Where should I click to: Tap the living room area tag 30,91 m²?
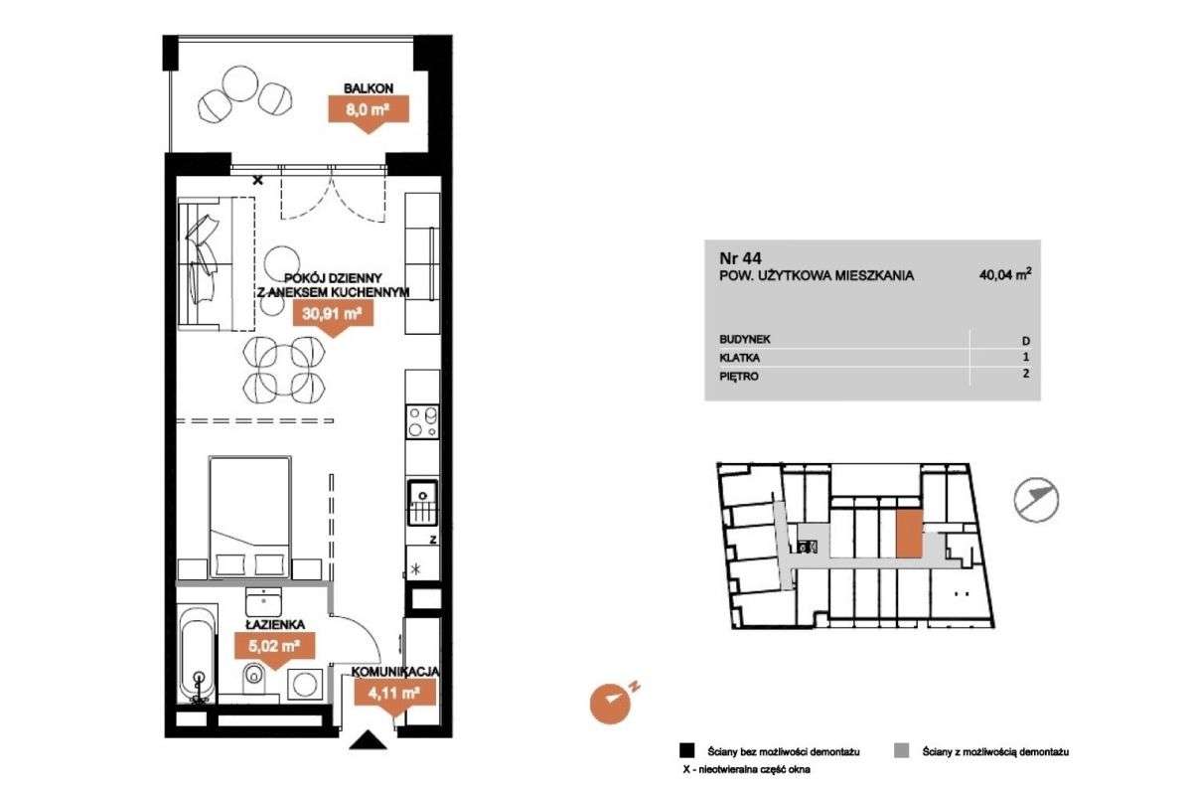tap(330, 316)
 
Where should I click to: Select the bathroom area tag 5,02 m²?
tap(267, 646)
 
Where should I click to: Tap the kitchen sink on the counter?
tap(422, 501)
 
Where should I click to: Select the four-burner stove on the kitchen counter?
tap(423, 423)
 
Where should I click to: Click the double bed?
tap(249, 517)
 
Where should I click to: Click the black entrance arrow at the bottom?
tap(370, 741)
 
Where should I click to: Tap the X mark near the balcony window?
tap(258, 180)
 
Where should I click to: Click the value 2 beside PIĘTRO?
tap(1024, 375)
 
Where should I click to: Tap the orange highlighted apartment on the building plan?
tap(909, 534)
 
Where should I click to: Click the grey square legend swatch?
tap(902, 752)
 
